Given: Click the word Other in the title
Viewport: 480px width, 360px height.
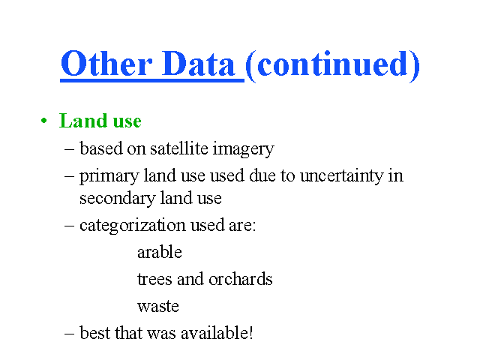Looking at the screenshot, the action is tap(106, 63).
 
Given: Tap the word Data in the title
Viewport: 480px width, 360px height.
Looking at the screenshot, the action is tap(198, 63).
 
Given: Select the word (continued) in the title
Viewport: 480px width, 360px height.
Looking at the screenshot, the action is tap(333, 65).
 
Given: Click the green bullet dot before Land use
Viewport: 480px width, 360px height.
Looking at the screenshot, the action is tap(44, 121).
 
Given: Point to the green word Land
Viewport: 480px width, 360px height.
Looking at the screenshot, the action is tap(83, 120).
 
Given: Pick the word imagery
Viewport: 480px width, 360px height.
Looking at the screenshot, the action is tap(243, 150).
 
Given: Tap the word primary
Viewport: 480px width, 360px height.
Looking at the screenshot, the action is tap(109, 177).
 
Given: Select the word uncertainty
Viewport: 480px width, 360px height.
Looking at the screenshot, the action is tap(342, 176).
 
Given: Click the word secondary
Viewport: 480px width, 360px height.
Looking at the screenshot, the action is tap(118, 199).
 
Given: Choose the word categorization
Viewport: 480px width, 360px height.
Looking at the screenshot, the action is tap(132, 226).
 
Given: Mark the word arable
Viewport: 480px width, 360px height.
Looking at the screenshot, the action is tap(160, 252).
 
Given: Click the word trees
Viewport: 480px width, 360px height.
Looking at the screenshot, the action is tap(154, 279).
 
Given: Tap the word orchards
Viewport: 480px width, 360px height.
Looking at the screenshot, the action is tap(240, 279).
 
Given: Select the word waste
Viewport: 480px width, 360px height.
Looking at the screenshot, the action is tap(158, 307).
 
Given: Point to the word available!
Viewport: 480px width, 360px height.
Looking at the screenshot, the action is tap(217, 333).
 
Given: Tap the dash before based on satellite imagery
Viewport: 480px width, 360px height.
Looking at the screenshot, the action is tap(70, 150).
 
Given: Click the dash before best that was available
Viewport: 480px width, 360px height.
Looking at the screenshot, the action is tap(70, 334).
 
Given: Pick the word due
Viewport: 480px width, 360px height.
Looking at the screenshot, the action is tap(262, 176).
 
